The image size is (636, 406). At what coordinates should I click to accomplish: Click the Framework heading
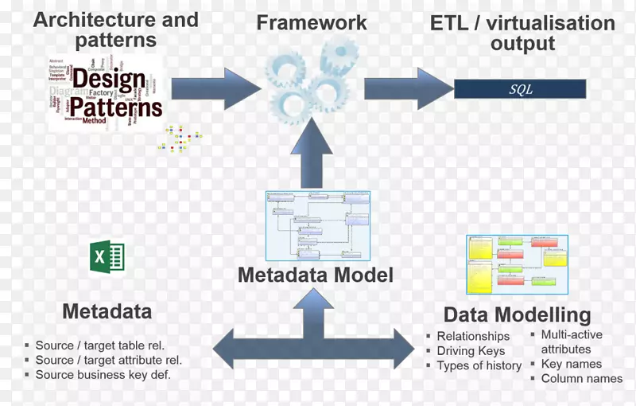point(312,22)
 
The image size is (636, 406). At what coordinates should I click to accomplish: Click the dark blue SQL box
point(520,89)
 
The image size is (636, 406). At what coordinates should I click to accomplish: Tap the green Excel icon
point(106,258)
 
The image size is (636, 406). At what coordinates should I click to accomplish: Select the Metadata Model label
point(316,275)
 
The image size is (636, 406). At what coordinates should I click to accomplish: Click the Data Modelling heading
point(517,314)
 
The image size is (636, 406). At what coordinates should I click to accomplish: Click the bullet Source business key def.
point(103,375)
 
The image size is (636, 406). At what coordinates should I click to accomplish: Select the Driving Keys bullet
point(471,351)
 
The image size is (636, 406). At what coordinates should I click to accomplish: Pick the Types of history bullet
point(479,366)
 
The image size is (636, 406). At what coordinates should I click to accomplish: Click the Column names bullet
point(582,379)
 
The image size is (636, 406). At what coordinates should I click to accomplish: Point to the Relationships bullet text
point(473,337)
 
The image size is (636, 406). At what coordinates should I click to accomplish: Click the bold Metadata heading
point(107,310)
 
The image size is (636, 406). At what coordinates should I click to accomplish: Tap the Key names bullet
point(572,365)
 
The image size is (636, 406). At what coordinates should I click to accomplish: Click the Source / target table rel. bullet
point(99,345)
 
